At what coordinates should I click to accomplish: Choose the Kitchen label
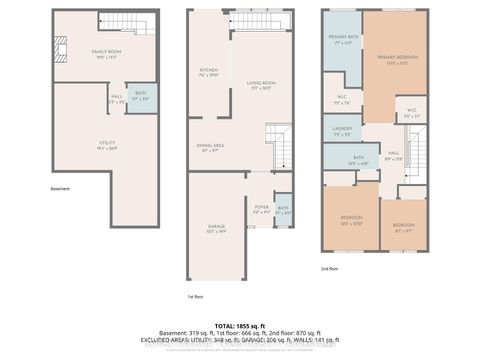pos(208,72)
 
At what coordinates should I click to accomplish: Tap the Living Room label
pos(263,86)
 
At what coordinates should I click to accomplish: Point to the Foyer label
pos(262,210)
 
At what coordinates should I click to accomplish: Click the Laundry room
pos(341,130)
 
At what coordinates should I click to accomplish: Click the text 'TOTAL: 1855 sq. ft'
pos(239,326)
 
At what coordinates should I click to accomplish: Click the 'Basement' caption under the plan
pos(62,187)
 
